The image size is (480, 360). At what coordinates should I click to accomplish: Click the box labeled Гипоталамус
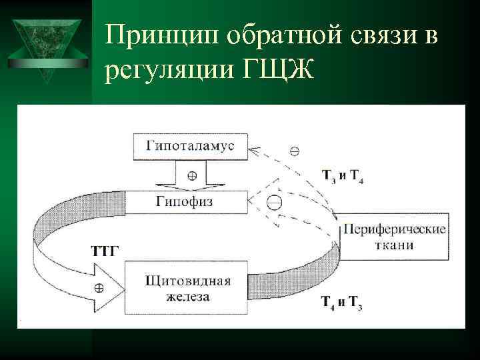(x=191, y=145)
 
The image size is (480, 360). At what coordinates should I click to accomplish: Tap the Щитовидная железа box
(x=187, y=287)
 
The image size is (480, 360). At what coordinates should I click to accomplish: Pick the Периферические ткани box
(x=393, y=237)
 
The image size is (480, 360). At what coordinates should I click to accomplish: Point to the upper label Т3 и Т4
(x=342, y=177)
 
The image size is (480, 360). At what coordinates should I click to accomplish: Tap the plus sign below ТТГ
(x=98, y=288)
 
